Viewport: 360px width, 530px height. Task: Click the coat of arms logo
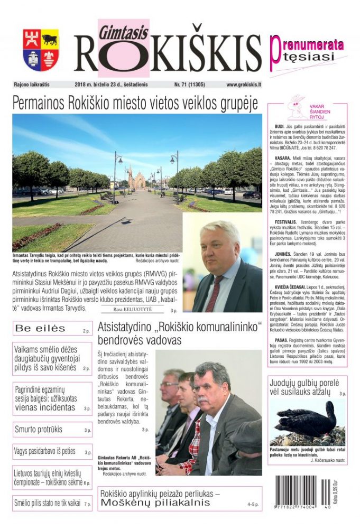point(41,50)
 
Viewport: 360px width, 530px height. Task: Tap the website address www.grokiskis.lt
point(243,85)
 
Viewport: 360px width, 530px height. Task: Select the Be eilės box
point(51,329)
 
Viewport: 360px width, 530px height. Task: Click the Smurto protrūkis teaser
point(51,429)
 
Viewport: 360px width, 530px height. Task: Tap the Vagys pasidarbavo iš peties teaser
point(51,452)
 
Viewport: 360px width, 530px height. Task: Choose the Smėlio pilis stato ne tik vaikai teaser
point(51,504)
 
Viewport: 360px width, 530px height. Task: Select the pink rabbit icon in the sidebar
point(293,108)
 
